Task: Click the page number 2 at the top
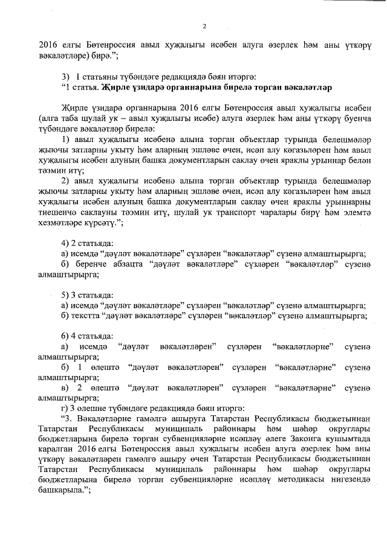[x=204, y=26]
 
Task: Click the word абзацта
[x=128, y=264]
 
